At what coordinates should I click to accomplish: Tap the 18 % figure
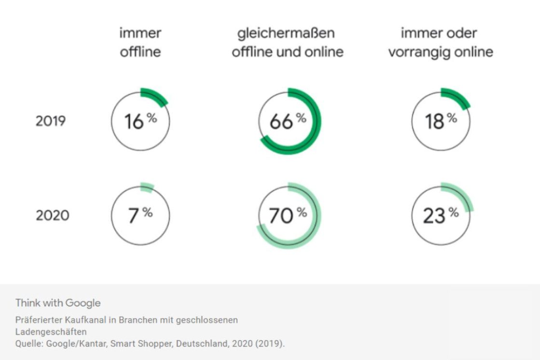pyautogui.click(x=440, y=121)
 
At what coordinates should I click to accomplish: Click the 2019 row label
pyautogui.click(x=50, y=121)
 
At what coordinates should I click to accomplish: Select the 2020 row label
pyautogui.click(x=52, y=215)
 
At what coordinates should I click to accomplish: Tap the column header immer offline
pyautogui.click(x=140, y=42)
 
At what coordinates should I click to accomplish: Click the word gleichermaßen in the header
pyautogui.click(x=286, y=33)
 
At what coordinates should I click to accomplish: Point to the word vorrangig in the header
pyautogui.click(x=417, y=52)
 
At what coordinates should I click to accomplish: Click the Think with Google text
pyautogui.click(x=58, y=303)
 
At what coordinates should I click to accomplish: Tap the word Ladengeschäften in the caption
pyautogui.click(x=51, y=332)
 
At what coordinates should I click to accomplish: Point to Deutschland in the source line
pyautogui.click(x=194, y=344)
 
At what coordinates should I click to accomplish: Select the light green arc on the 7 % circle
pyautogui.click(x=147, y=187)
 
